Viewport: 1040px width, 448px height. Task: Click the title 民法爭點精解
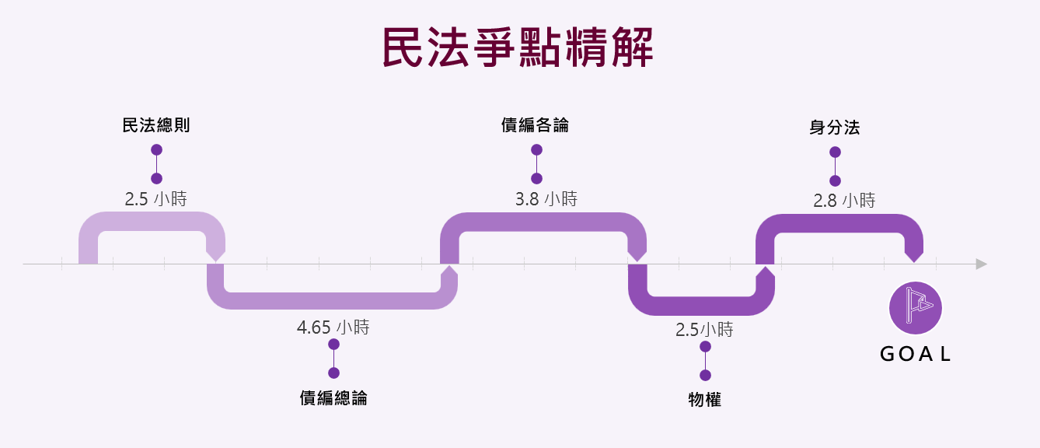point(518,48)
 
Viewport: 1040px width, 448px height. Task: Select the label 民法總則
point(156,126)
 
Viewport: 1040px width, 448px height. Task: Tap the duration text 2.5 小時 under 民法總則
point(156,198)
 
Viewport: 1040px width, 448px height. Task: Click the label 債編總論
point(333,398)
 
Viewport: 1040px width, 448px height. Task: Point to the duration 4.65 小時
point(333,327)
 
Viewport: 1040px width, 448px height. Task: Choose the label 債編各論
point(536,125)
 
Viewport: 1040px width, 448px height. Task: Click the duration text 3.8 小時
point(546,199)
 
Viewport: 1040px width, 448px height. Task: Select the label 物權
point(705,401)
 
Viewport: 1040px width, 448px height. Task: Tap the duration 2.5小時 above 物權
point(704,330)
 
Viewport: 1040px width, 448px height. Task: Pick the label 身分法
point(835,128)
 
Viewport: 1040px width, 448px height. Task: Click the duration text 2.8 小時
point(844,201)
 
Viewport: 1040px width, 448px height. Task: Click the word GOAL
point(916,355)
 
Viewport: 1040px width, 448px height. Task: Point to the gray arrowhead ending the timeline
point(981,264)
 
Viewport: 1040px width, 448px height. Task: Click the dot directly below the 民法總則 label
point(156,149)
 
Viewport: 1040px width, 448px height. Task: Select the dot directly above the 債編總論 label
point(333,373)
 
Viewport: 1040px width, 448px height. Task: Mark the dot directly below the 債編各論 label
point(536,149)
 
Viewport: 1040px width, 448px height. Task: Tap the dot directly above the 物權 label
point(705,375)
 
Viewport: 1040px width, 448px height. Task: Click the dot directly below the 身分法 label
point(835,152)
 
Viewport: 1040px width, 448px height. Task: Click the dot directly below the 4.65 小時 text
point(333,345)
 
